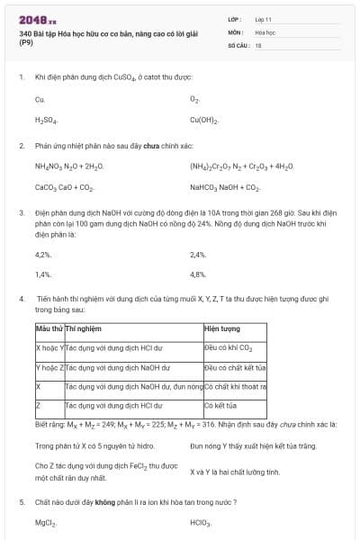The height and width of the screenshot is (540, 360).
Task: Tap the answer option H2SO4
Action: [x=46, y=119]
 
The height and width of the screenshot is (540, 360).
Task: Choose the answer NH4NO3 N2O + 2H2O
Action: [x=69, y=166]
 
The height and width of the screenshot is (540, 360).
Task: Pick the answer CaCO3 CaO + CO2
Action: [x=64, y=187]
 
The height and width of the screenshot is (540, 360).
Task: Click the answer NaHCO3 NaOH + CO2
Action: [x=225, y=187]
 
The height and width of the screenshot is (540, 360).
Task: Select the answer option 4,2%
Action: [x=43, y=255]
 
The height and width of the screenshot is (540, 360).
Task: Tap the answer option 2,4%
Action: [x=199, y=255]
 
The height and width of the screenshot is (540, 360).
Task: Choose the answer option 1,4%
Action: [x=43, y=274]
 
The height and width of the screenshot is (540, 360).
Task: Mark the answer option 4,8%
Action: [x=199, y=274]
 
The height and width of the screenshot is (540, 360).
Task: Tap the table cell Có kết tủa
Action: [x=220, y=405]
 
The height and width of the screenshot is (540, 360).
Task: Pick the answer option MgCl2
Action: [x=46, y=522]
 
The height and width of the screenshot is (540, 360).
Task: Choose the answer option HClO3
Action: [x=200, y=522]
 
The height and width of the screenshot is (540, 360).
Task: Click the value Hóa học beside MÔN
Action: [x=265, y=31]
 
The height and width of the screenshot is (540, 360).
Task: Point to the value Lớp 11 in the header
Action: [x=264, y=18]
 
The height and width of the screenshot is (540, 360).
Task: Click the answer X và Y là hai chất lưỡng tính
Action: [x=235, y=472]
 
